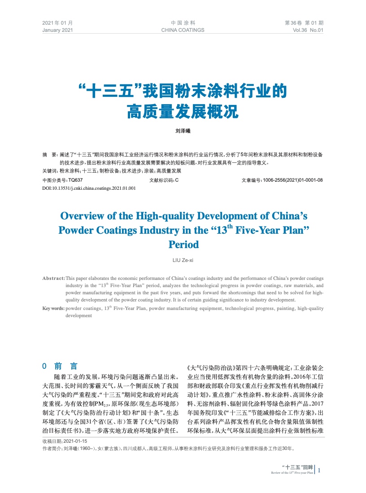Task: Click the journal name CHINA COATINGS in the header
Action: coord(183,30)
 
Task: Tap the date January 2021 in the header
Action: coord(57,30)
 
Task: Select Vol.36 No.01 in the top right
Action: coord(308,30)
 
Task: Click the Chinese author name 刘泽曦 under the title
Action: coord(183,132)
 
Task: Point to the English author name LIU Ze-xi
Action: coord(183,260)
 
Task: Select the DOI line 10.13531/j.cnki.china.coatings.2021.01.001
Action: coord(89,188)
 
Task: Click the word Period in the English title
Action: coord(183,245)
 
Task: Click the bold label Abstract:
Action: coord(53,278)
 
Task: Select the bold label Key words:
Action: coord(53,309)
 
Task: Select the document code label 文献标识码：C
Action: coord(164,180)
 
